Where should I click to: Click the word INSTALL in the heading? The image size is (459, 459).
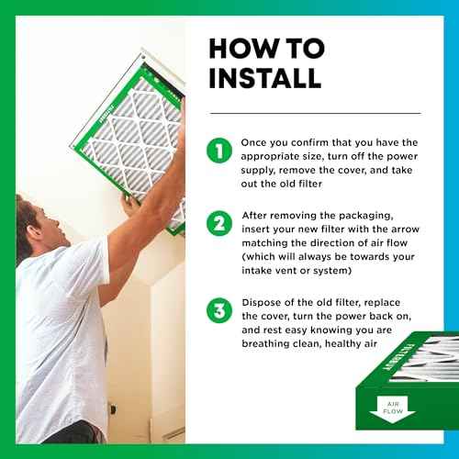(x=265, y=78)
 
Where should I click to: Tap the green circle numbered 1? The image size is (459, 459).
(x=219, y=151)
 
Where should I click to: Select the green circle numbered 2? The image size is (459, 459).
(x=219, y=223)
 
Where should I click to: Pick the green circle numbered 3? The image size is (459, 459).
(x=219, y=310)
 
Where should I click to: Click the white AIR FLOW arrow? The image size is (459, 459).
(x=393, y=409)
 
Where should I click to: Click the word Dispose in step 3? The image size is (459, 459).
(x=262, y=303)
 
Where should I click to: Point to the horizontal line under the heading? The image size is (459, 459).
(x=315, y=113)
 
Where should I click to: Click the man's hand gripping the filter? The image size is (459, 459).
(x=130, y=205)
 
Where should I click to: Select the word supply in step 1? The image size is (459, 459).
(x=257, y=171)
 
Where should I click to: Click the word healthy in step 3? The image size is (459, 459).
(x=343, y=344)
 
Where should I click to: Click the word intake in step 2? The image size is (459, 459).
(x=255, y=271)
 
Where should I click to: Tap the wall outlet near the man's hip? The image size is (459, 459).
(x=112, y=409)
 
